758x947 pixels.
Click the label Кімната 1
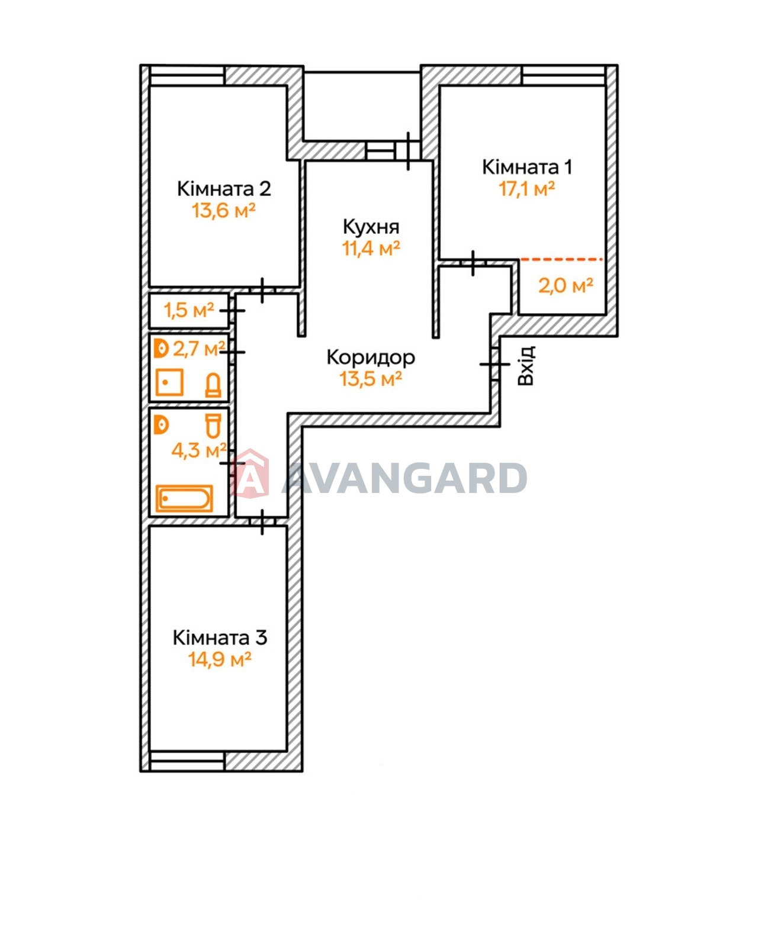(x=527, y=168)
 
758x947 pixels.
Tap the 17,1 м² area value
(x=527, y=189)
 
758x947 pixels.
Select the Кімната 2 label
(x=224, y=189)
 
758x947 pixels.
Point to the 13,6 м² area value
(x=224, y=211)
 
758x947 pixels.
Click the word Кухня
(x=371, y=227)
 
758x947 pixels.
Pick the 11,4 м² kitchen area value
(x=371, y=249)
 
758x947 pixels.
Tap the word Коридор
(x=371, y=357)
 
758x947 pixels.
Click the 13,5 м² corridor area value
(x=371, y=378)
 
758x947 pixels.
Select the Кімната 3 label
(x=220, y=637)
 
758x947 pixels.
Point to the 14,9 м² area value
(x=220, y=659)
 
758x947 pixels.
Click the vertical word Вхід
(x=526, y=366)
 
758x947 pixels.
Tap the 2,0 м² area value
(x=566, y=286)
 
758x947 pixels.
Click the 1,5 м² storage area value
(x=189, y=311)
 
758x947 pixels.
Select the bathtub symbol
(x=185, y=498)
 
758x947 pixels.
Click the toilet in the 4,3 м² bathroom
(x=213, y=426)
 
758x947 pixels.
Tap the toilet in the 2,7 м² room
(x=213, y=385)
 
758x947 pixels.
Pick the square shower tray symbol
(x=169, y=382)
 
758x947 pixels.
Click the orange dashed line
(x=561, y=260)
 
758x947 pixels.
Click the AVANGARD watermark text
(x=404, y=478)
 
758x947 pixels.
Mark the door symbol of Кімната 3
(x=262, y=522)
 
